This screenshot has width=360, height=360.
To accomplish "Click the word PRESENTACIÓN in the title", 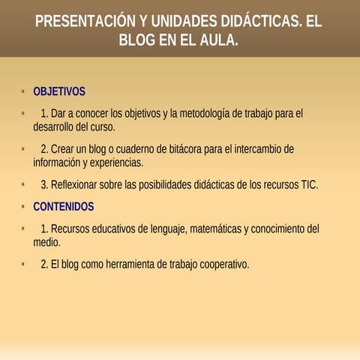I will point(85,21).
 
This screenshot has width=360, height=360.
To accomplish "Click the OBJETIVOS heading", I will point(59,91).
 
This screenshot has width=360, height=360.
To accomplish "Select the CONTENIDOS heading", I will point(64,206).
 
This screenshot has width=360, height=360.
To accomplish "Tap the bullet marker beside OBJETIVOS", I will point(24,91).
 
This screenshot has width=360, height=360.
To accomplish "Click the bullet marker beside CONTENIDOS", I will point(24,206).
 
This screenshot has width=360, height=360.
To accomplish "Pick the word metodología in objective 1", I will point(198,114).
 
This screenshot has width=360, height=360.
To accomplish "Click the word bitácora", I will point(185,148).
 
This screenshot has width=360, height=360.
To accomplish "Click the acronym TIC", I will point(309,184).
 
